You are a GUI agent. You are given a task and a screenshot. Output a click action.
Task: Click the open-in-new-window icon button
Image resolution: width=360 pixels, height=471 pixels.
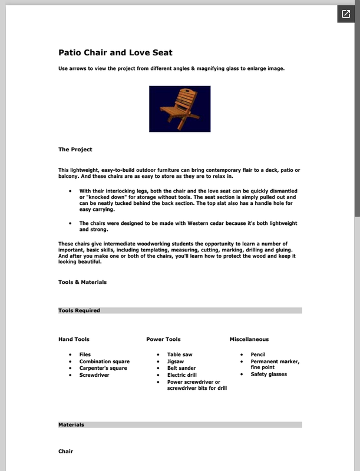(x=345, y=14)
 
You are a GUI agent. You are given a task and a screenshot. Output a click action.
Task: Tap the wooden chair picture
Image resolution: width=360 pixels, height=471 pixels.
(x=180, y=109)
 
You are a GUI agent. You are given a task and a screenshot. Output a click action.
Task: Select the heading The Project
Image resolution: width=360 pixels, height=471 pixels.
(x=75, y=150)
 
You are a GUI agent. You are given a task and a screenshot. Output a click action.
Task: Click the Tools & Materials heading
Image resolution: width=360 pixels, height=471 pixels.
(x=82, y=282)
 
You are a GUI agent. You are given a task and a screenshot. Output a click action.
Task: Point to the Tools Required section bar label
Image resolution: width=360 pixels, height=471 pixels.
(x=79, y=310)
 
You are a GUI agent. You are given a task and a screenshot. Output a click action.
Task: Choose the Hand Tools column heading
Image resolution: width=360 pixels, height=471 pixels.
(x=74, y=339)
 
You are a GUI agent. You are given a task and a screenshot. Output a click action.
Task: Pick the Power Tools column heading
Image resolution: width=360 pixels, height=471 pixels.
(x=163, y=339)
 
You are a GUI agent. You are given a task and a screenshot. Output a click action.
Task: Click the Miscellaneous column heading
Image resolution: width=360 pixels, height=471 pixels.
(x=249, y=339)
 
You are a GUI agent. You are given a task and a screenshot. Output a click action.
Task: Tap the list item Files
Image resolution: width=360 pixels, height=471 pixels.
(x=85, y=354)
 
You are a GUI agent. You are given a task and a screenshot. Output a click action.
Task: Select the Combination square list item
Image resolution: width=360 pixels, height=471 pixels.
(x=104, y=361)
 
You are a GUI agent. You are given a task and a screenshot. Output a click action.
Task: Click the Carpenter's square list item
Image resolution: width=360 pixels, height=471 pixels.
(x=103, y=368)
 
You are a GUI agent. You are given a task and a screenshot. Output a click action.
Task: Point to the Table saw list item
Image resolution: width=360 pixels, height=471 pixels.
(x=180, y=354)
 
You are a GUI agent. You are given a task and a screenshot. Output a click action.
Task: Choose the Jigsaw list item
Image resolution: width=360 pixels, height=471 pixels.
(x=176, y=361)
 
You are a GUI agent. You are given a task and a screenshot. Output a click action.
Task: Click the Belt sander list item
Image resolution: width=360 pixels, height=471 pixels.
(x=181, y=368)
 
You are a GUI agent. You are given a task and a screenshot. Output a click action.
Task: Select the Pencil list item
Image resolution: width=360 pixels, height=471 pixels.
(x=258, y=354)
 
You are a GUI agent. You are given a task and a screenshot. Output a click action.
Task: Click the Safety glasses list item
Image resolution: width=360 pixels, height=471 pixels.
(x=269, y=374)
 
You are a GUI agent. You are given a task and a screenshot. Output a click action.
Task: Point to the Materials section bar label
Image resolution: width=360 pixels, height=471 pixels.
(x=71, y=424)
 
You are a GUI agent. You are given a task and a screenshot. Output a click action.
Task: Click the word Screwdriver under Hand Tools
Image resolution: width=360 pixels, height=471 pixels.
(x=94, y=375)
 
